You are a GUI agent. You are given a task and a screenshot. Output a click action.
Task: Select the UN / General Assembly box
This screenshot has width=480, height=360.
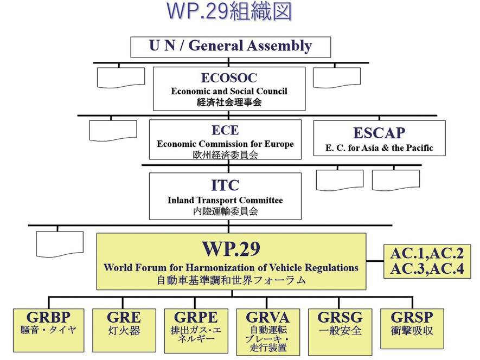coord(231,47)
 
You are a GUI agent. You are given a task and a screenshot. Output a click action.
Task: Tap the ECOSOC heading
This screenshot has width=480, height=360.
coord(229,78)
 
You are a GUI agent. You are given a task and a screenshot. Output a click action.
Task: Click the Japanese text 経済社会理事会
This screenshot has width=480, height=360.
coord(229,102)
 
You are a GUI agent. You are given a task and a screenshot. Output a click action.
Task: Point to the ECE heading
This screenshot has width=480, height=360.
coord(225,131)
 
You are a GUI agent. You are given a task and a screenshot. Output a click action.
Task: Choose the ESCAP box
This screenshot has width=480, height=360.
coord(379,138)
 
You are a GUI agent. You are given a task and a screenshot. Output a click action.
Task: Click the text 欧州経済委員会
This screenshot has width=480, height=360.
coord(225,155)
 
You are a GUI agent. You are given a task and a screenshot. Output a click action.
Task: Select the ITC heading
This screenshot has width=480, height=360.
coord(225,185)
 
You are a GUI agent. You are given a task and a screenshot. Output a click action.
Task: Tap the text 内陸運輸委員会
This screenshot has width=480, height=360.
coord(225,211)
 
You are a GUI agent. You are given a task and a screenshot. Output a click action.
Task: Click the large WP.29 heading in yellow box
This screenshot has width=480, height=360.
coord(231,249)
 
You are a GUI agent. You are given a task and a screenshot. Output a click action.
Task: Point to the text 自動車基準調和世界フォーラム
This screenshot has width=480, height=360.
coord(231,280)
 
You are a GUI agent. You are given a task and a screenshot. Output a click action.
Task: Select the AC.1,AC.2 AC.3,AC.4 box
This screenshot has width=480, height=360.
coord(427,261)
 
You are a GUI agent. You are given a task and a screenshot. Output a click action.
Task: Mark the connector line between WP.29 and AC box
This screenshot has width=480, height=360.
coord(375,261)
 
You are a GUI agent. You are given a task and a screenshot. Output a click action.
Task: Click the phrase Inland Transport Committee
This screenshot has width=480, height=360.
coord(225,200)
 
